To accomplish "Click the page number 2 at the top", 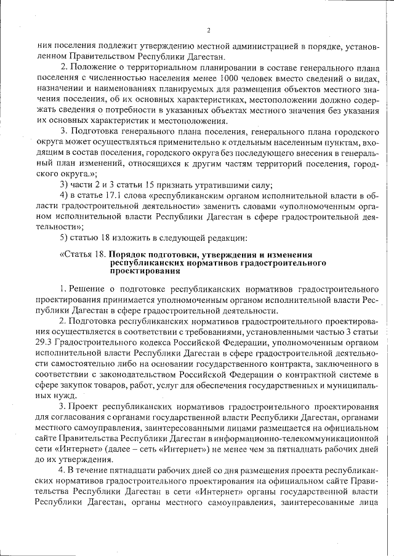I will click(208, 30).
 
